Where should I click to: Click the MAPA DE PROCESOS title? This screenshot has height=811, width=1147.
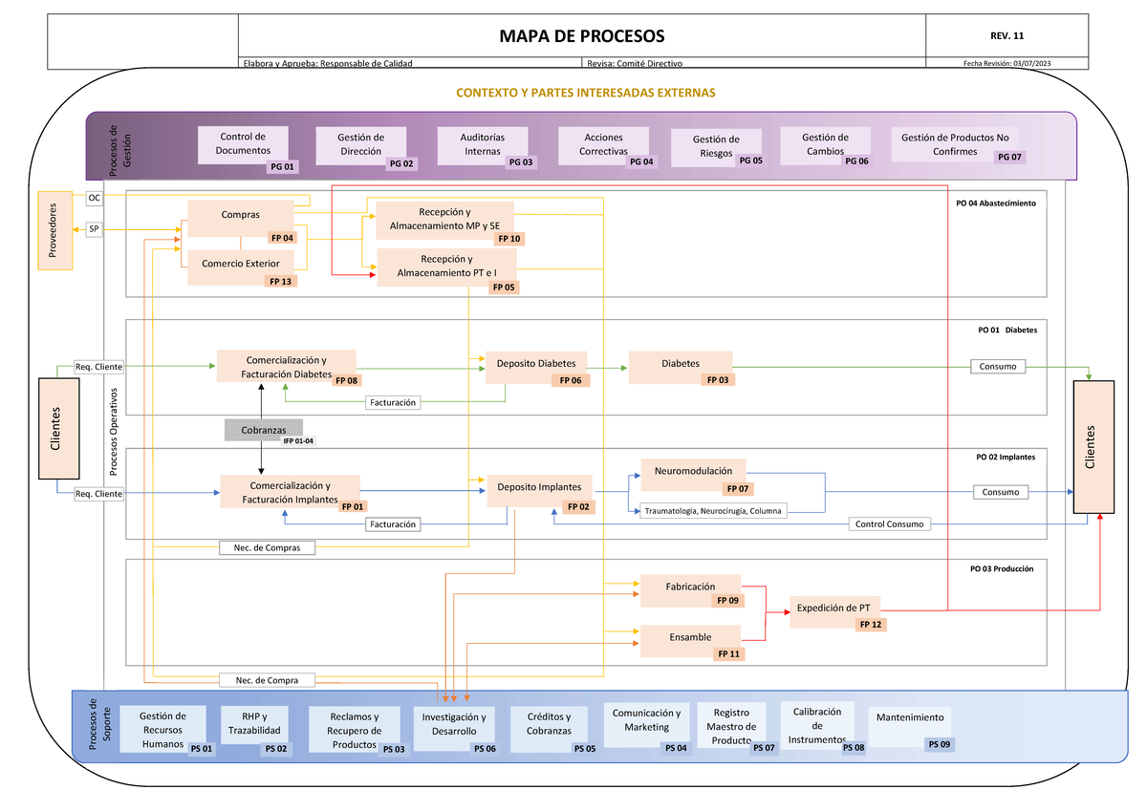(x=581, y=36)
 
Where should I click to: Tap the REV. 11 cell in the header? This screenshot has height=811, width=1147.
(x=1007, y=36)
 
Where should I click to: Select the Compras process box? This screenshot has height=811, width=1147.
(x=241, y=217)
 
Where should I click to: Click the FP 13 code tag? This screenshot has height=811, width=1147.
(x=280, y=282)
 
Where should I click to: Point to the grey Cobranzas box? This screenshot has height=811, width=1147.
(x=263, y=430)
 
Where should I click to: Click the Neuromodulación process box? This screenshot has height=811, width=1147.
(x=693, y=473)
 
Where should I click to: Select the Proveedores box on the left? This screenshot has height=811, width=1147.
(x=54, y=230)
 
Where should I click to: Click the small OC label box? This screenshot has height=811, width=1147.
(x=94, y=198)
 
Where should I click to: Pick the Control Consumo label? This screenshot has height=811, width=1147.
(x=889, y=523)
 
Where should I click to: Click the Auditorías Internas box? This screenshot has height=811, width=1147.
(x=483, y=145)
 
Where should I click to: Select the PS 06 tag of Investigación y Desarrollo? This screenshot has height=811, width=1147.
(x=485, y=749)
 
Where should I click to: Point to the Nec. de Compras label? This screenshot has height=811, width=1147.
(x=267, y=547)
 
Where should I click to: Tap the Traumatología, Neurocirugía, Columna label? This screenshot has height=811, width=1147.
(x=712, y=511)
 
